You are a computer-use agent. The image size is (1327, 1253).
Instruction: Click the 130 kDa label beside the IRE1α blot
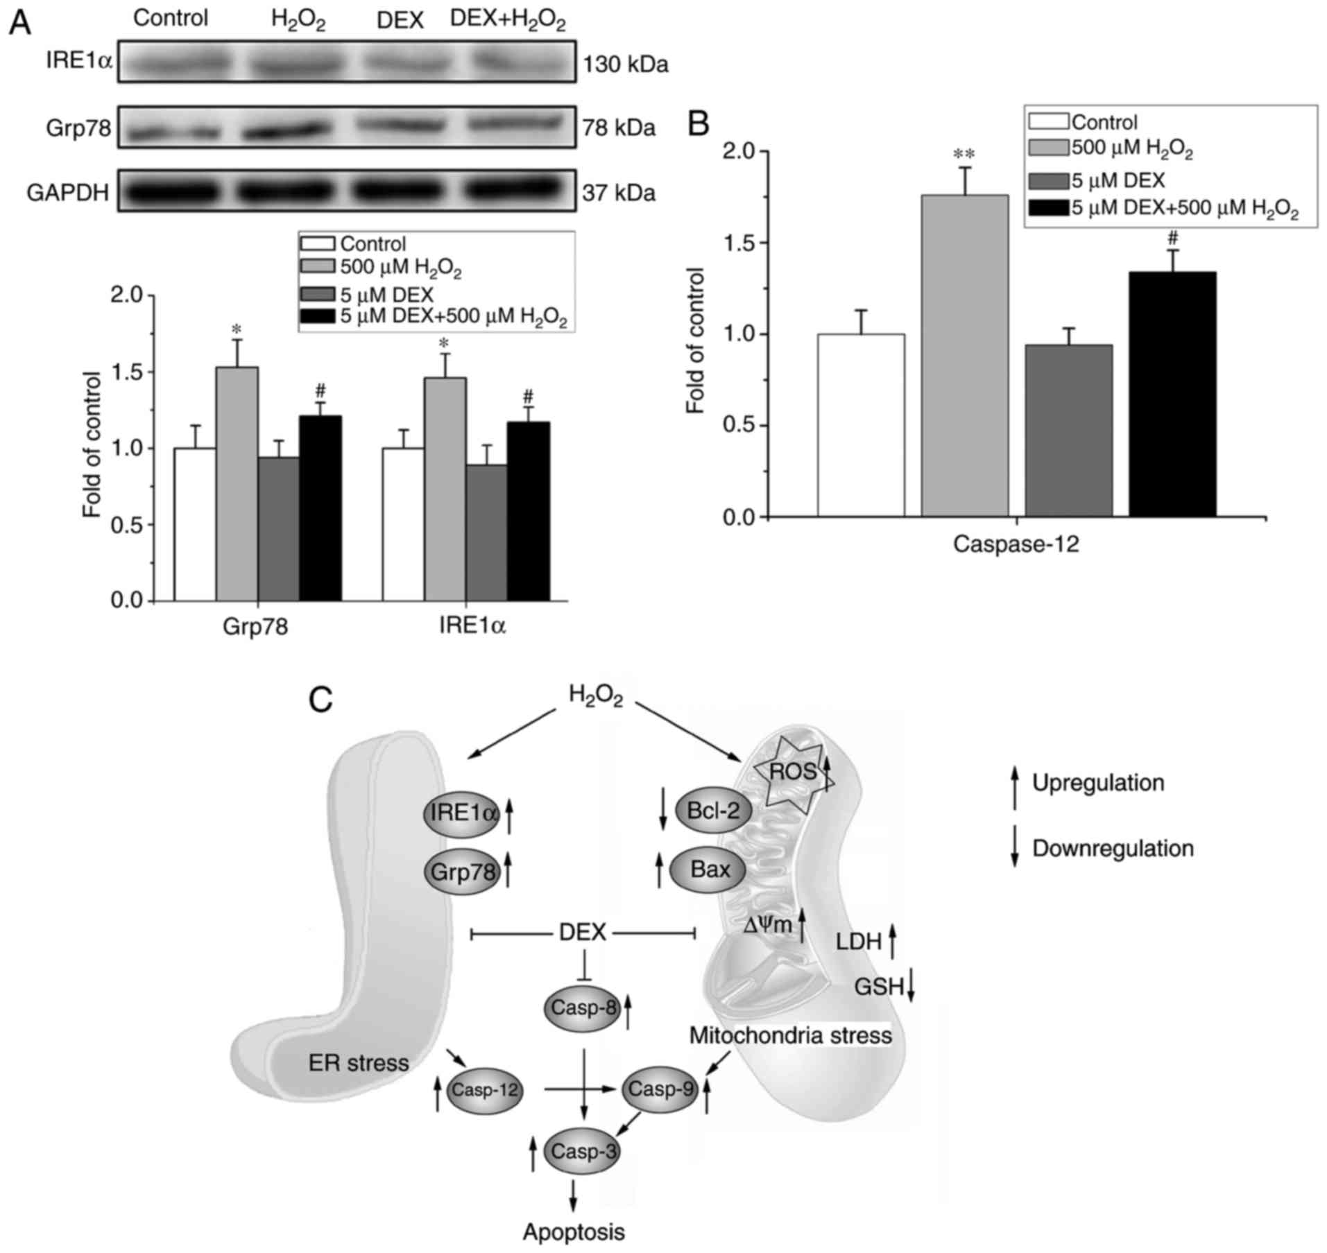pos(625,64)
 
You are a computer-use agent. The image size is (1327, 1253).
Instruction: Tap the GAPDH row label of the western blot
pos(68,192)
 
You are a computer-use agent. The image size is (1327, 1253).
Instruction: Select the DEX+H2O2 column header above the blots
pos(508,20)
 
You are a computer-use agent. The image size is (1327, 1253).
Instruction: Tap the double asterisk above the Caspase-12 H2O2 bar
pos(964,154)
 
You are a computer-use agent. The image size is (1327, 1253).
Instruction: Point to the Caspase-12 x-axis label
pos(1016,544)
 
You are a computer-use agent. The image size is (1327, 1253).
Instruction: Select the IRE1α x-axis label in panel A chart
pos(472,626)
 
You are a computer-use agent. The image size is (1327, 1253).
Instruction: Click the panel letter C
pos(321,700)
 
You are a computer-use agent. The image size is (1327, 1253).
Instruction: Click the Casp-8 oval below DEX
pos(581,1008)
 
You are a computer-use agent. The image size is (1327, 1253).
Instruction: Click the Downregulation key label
pos(1113,848)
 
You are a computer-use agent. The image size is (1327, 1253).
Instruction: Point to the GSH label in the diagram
pos(878,986)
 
